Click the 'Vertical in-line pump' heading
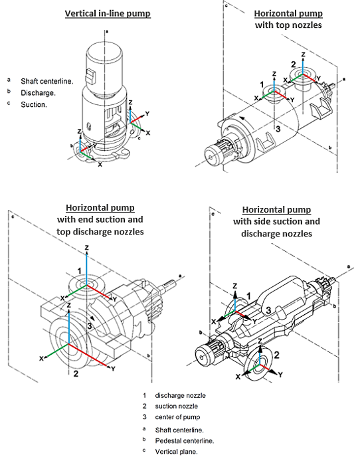pos(108,13)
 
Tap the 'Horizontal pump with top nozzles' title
pos(288,19)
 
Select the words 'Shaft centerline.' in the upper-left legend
pos(47,82)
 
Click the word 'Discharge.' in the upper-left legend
pos(39,93)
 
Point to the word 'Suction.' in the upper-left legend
pos(34,105)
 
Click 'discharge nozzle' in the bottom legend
pos(181,395)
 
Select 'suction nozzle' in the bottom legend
pos(176,407)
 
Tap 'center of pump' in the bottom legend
pos(177,417)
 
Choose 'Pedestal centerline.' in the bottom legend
pos(185,441)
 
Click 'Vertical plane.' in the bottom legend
pos(176,452)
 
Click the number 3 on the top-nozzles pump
pos(278,129)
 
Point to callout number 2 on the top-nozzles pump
pos(294,64)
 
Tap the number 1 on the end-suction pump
pos(79,271)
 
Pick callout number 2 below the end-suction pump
pos(76,374)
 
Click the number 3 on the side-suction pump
pos(268,310)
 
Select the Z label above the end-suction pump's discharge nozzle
pos(86,248)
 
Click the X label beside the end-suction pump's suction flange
pos(42,359)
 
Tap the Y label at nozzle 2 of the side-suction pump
pos(281,375)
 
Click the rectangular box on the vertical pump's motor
pos(90,76)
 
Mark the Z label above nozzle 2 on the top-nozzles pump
pos(303,54)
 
